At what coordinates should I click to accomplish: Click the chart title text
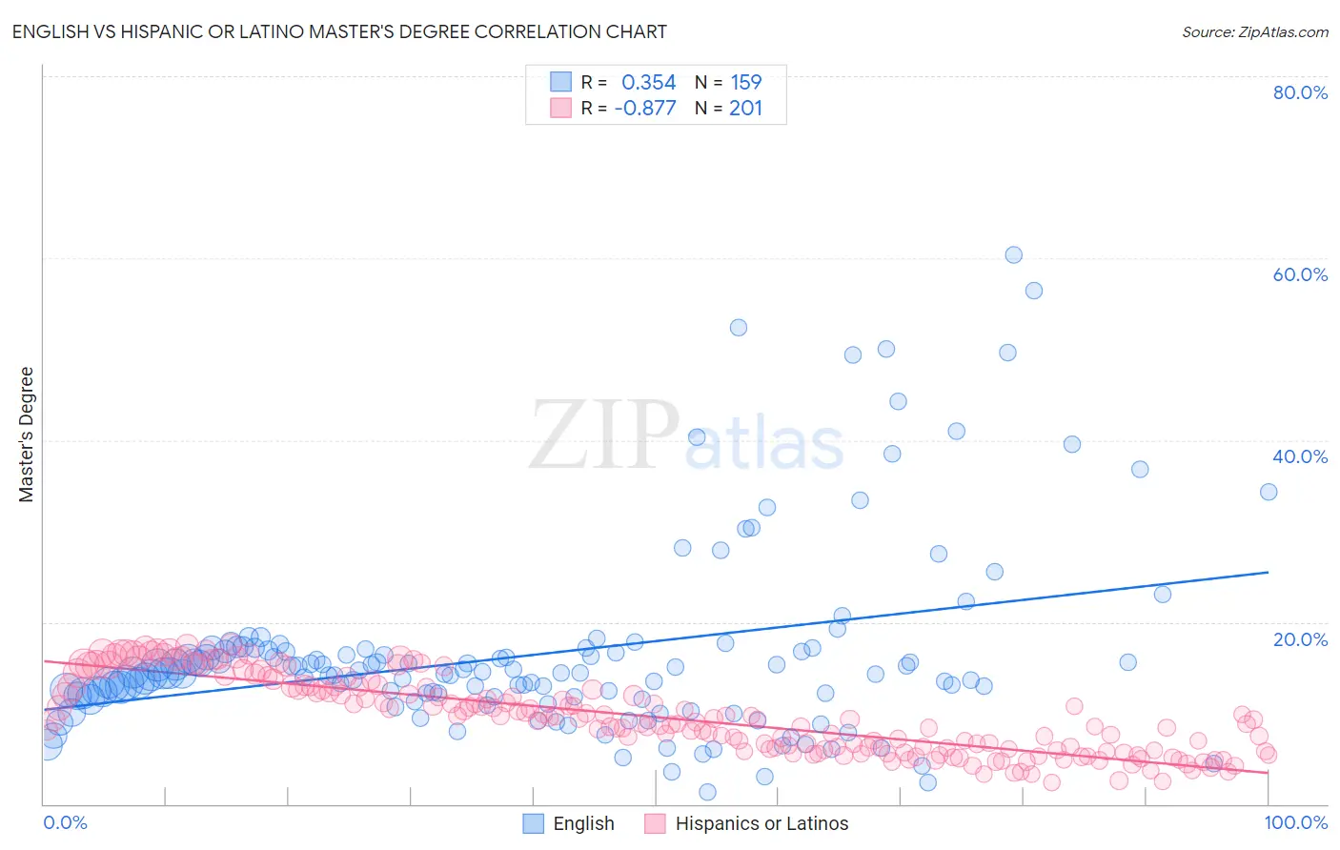pos(339,31)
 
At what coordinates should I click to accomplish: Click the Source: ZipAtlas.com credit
pos(1254,31)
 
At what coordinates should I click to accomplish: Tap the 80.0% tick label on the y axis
pos(1300,92)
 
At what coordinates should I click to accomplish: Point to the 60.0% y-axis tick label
pos(1300,274)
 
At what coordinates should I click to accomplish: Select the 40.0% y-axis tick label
pos(1300,456)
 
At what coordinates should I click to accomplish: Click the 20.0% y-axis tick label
pos(1300,639)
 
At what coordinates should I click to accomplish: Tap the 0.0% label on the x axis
pos(65,822)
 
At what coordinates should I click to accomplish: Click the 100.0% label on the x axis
pos(1295,822)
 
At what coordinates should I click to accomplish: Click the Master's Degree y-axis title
pos(27,435)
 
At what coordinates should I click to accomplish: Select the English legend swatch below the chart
pos(534,823)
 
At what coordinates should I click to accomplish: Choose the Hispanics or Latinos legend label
pos(761,823)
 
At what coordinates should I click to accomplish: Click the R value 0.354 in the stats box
pos(648,83)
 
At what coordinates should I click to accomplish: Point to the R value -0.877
pos(645,109)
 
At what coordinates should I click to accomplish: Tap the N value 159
pos(746,83)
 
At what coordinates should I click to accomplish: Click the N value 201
pos(746,109)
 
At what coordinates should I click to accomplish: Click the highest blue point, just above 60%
pos(1013,255)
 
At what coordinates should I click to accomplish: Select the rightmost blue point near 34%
pos(1269,492)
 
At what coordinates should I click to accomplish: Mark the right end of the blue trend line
pos(1269,572)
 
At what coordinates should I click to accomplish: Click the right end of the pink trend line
pos(1269,773)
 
